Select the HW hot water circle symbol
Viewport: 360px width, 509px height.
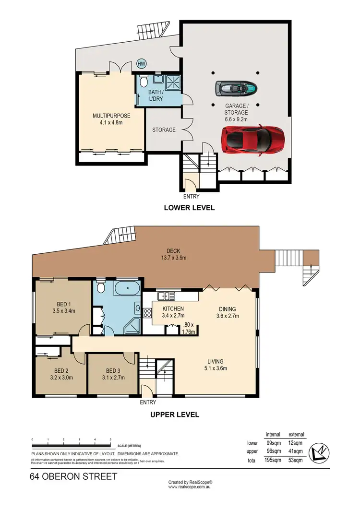142,64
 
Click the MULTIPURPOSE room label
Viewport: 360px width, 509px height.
111,118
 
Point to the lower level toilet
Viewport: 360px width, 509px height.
143,82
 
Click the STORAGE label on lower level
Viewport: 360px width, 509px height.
164,130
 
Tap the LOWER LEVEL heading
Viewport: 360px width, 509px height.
189,208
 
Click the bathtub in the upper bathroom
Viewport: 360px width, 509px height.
127,290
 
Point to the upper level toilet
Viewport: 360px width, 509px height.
100,288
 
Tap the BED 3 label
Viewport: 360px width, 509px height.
113,374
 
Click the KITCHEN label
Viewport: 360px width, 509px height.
173,312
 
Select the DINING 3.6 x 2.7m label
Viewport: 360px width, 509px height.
228,312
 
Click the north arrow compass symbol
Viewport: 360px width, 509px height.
319,452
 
